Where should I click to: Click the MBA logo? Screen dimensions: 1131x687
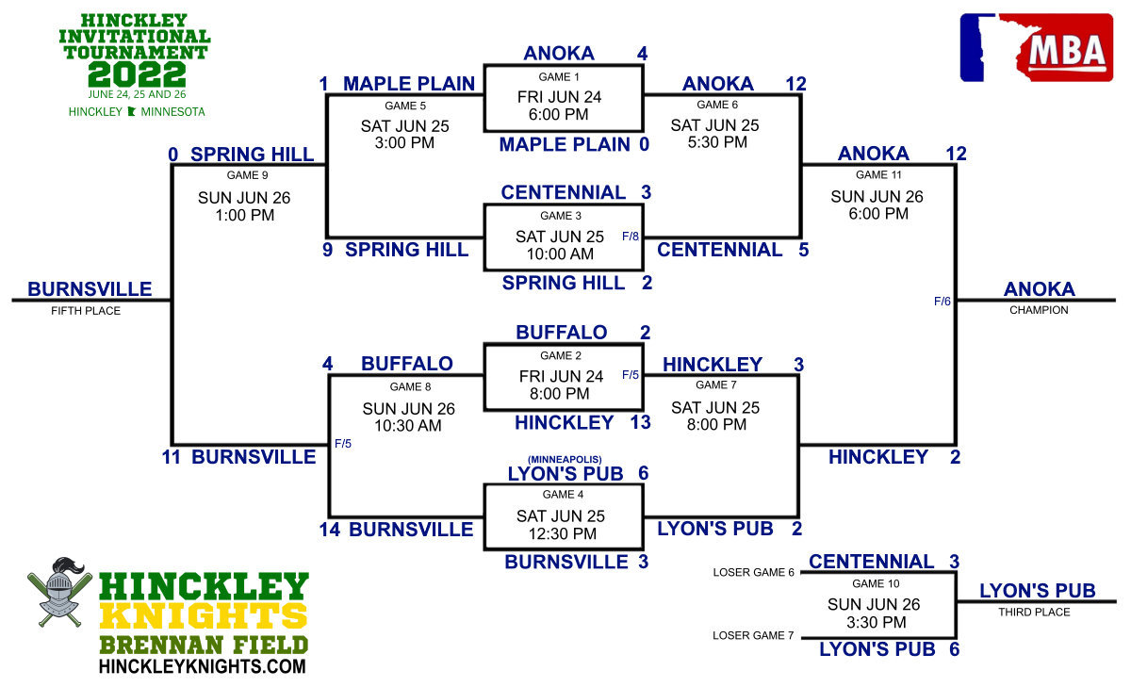[1037, 47]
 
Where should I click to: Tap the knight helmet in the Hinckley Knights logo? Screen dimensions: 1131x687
[60, 591]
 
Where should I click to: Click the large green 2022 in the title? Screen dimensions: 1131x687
[137, 74]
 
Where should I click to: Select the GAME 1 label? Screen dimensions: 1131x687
[559, 77]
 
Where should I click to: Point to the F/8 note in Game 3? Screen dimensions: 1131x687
[631, 237]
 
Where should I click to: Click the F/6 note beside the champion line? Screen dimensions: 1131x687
[942, 302]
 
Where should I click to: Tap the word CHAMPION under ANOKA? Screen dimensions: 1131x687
[1039, 310]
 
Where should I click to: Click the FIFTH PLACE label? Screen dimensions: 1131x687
[86, 311]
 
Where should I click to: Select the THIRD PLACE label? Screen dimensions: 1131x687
[1034, 613]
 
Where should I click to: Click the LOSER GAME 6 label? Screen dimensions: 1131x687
[753, 572]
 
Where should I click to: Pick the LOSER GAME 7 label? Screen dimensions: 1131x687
[753, 635]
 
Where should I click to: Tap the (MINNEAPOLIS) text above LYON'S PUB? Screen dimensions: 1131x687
[565, 459]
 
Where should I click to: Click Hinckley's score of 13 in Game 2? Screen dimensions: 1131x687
[640, 422]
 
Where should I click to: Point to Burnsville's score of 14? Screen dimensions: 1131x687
[330, 530]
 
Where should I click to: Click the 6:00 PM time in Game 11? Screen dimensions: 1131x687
[878, 214]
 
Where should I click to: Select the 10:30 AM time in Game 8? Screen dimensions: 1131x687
[408, 426]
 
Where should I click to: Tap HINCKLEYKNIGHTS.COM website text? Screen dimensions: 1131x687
[203, 666]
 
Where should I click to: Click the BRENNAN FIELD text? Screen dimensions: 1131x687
[204, 646]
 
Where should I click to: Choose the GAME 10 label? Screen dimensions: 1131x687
[876, 584]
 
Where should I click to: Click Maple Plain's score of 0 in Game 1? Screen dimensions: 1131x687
[645, 144]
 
